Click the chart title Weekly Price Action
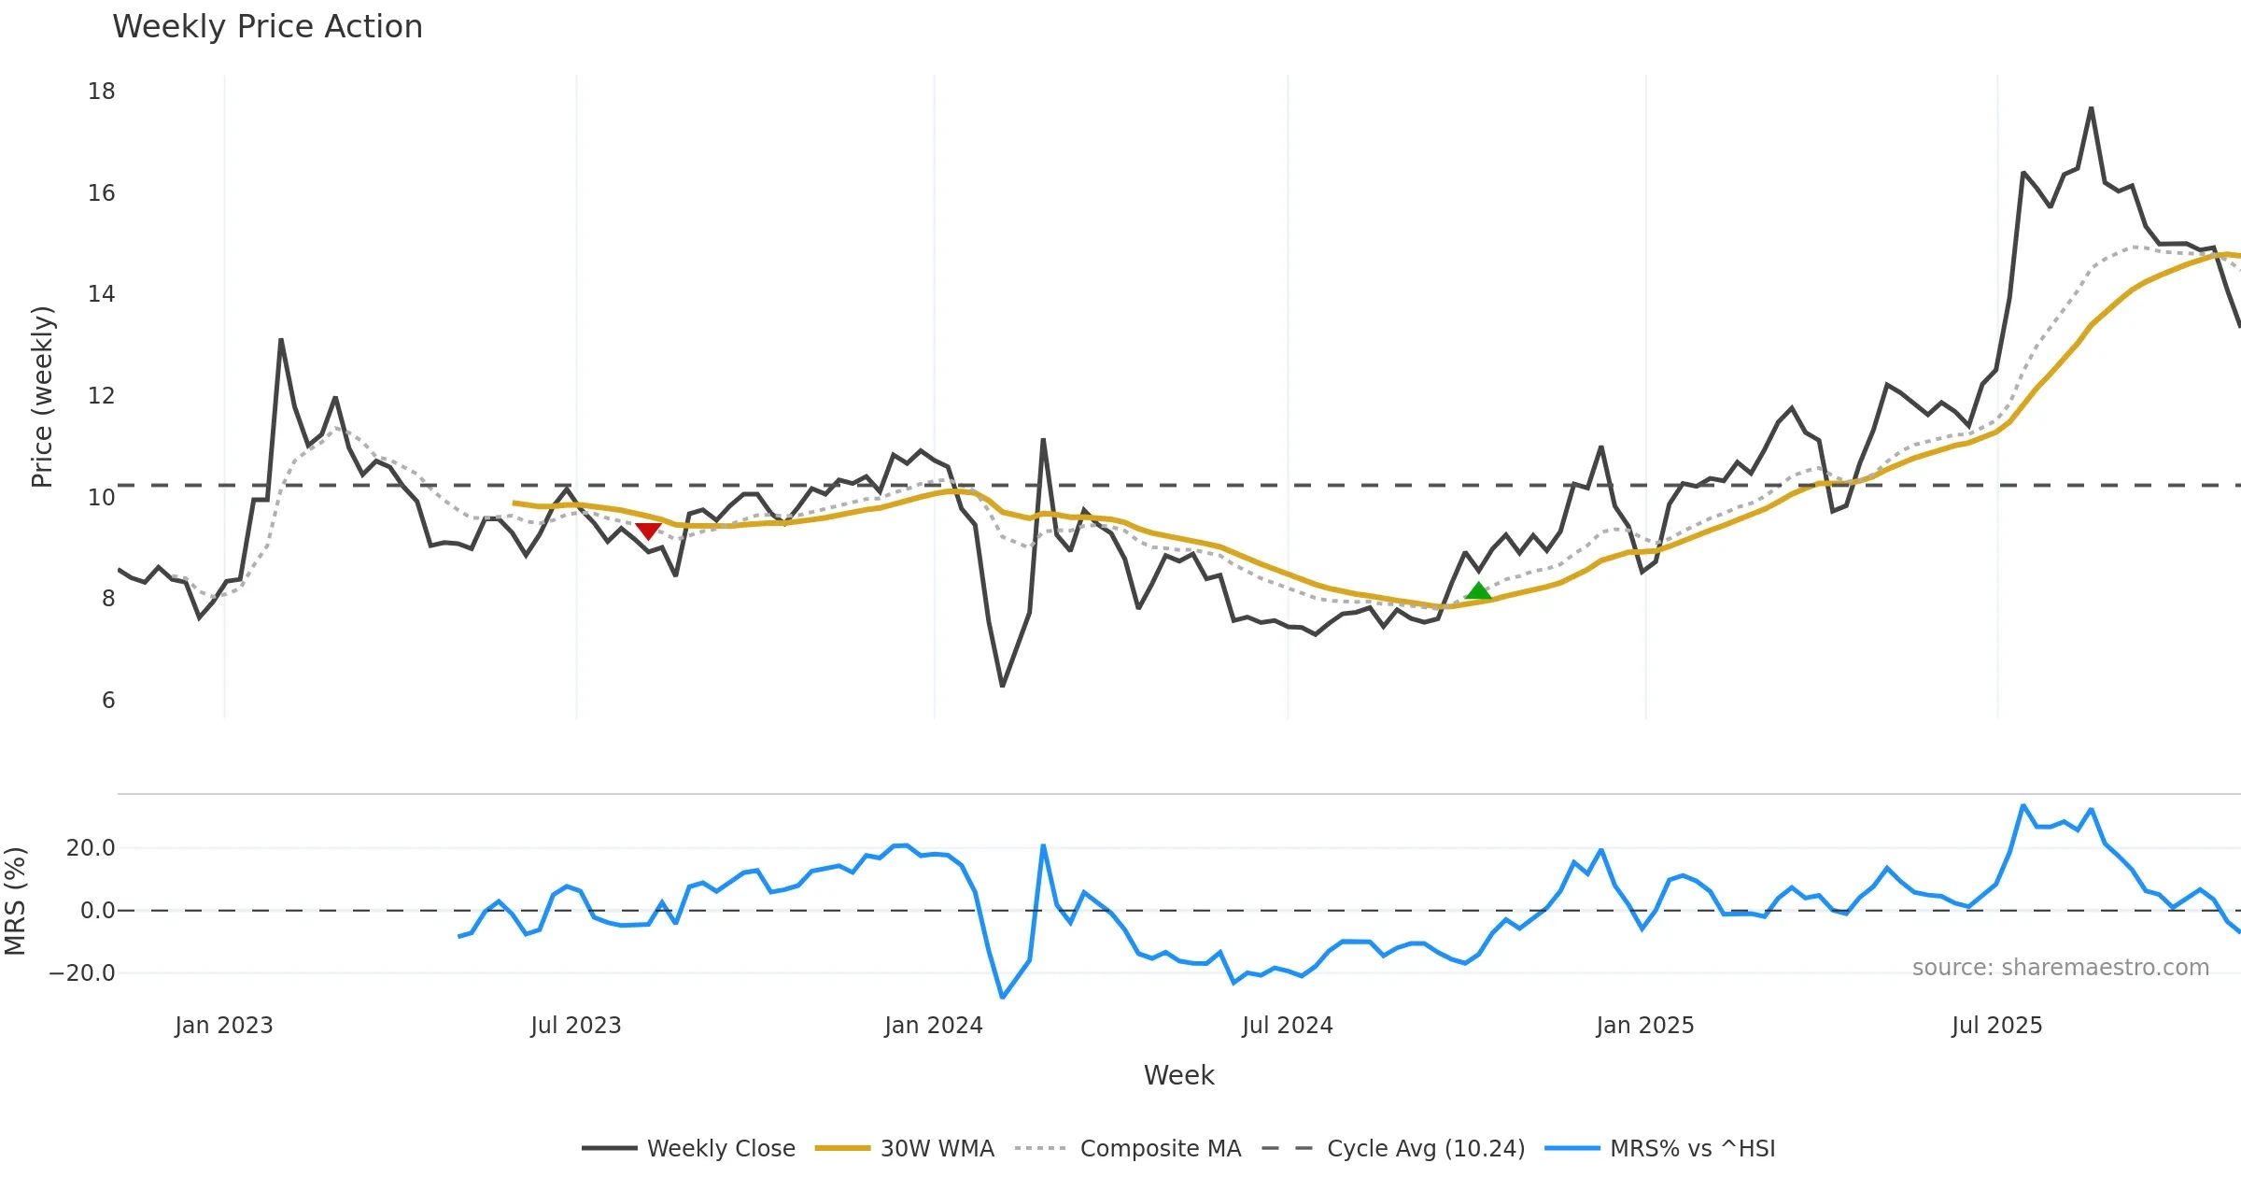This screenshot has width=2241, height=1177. [267, 27]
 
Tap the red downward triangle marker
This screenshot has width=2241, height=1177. [648, 531]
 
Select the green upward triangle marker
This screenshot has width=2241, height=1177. [1478, 590]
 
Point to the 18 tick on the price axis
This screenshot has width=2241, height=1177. [102, 92]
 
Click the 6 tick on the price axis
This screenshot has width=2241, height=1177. [108, 701]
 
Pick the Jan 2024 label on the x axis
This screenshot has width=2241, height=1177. [934, 1026]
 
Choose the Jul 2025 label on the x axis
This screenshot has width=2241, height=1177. [1997, 1026]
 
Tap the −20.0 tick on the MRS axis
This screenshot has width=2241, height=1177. [82, 973]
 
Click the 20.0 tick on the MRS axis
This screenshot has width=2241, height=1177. [91, 848]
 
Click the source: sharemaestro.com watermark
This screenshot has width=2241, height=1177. [2060, 968]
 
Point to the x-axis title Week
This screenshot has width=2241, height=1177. [1178, 1075]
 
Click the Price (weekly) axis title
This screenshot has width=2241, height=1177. [43, 397]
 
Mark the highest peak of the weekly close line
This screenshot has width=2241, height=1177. [2092, 108]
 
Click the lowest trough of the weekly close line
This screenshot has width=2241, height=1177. [1002, 687]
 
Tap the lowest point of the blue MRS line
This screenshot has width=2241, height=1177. [1002, 998]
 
